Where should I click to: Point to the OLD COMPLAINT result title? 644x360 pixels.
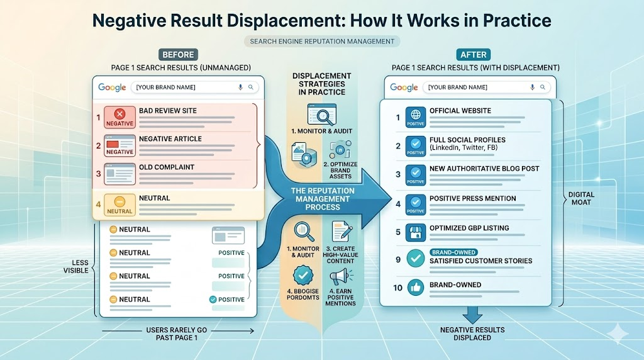click(x=166, y=167)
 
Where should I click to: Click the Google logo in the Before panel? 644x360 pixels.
click(x=111, y=87)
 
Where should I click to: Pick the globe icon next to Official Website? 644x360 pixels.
click(x=414, y=115)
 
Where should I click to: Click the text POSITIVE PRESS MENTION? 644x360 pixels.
click(x=472, y=198)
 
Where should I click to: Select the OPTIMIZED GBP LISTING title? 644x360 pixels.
click(x=469, y=228)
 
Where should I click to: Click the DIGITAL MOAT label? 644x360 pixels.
click(x=584, y=199)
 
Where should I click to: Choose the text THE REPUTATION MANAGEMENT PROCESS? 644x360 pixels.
click(x=323, y=198)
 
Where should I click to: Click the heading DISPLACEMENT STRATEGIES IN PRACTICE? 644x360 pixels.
click(x=321, y=84)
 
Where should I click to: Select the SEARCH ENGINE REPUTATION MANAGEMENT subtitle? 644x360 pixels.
click(x=321, y=42)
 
